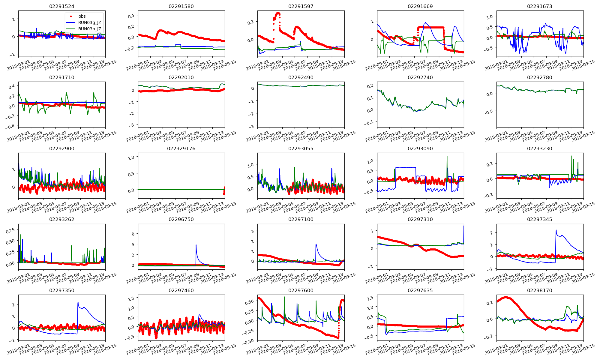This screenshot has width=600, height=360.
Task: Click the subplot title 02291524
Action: point(61,6)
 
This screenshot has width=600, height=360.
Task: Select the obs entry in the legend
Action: point(82,16)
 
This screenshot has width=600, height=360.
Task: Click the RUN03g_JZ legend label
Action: point(89,22)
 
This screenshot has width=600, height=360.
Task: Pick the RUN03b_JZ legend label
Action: point(89,29)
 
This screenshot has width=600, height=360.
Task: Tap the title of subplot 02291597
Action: point(301,6)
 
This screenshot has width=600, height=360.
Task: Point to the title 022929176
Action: point(181,148)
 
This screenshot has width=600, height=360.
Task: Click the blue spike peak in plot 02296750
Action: point(196,245)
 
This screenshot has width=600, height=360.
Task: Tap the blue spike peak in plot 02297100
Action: point(316,244)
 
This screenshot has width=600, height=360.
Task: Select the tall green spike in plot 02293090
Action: point(447,156)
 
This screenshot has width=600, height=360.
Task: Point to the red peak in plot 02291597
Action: point(278,13)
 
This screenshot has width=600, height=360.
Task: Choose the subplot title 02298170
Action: point(540,290)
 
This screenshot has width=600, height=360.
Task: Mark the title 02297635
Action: point(420,290)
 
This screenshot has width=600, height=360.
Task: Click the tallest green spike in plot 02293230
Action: point(571,156)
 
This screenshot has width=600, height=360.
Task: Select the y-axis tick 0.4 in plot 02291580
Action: point(131,16)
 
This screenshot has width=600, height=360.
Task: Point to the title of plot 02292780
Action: point(540,77)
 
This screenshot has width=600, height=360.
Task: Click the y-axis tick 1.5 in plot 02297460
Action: point(131,299)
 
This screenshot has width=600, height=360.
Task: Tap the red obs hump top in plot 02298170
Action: point(506,297)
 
